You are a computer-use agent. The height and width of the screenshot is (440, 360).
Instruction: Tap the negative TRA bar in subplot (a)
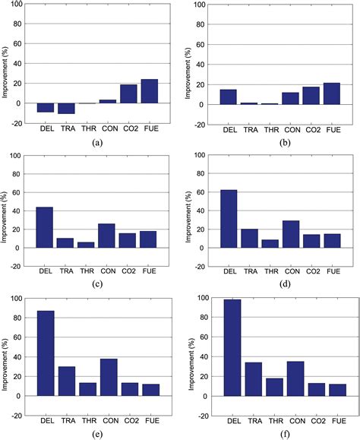coord(66,108)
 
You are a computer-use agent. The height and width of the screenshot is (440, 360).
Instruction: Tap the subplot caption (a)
coord(97,142)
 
